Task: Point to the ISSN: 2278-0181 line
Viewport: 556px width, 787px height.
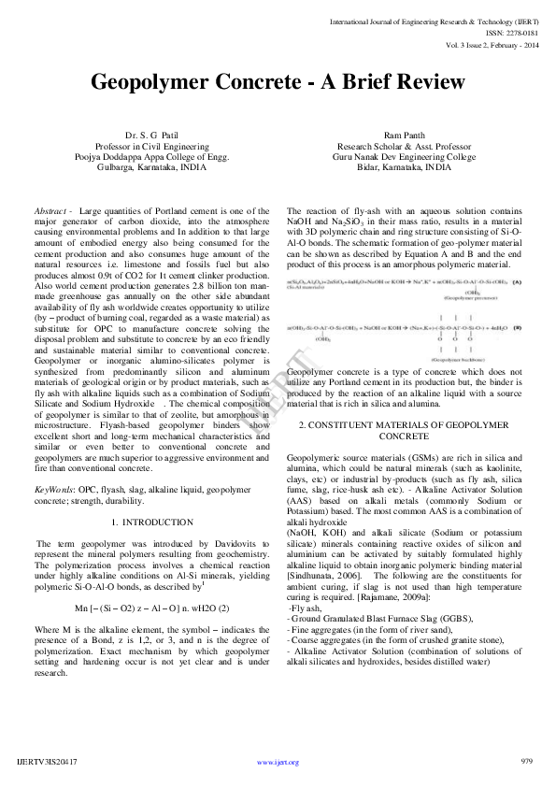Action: [x=509, y=30]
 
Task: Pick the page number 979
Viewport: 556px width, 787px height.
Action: [x=525, y=762]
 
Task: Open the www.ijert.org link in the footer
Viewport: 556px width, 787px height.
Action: [x=278, y=763]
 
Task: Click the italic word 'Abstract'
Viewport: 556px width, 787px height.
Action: [x=51, y=211]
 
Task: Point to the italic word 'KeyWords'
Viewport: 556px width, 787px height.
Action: [x=54, y=489]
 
